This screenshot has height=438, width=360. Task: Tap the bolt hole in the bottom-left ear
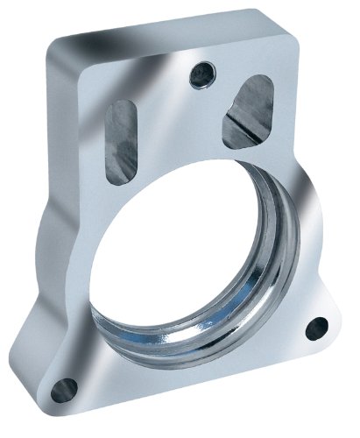(x=60, y=386)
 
